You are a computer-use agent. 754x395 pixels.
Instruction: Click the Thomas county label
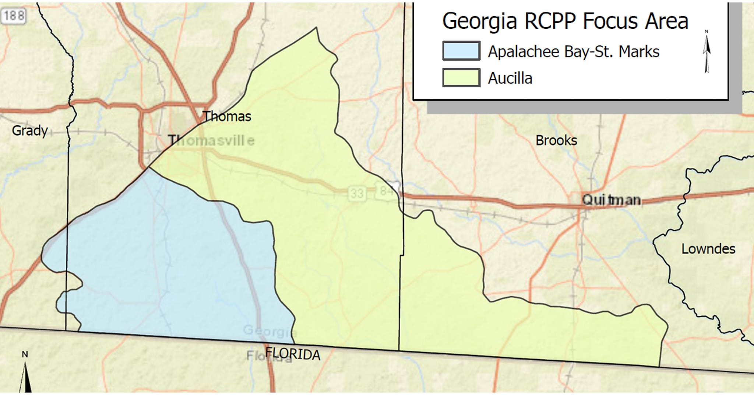tap(227, 116)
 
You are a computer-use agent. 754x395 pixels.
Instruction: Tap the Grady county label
tap(30, 130)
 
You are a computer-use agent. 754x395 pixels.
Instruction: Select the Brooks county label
tap(556, 140)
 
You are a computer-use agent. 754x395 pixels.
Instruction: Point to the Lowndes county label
tap(708, 249)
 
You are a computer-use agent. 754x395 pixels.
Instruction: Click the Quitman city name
tap(611, 200)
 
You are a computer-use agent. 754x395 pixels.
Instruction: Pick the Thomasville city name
tap(211, 140)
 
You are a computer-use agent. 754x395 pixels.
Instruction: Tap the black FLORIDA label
tap(293, 354)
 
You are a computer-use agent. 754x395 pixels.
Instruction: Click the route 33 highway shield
tap(356, 193)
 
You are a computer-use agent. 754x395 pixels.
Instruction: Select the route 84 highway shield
tap(385, 191)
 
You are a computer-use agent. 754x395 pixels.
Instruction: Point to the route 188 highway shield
tap(13, 16)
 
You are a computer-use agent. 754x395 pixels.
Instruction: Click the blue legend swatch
tap(461, 51)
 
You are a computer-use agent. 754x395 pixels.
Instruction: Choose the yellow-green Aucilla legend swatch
tap(461, 78)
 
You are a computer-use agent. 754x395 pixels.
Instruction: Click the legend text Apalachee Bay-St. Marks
tap(573, 52)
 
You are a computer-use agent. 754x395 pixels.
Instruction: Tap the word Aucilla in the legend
tap(510, 78)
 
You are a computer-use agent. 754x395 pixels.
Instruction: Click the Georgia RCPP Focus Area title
tap(565, 21)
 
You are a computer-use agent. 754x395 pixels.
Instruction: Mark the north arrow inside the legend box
tap(707, 52)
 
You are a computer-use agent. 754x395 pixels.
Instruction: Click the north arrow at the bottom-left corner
tap(25, 374)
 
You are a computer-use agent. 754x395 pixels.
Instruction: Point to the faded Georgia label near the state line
tap(269, 331)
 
